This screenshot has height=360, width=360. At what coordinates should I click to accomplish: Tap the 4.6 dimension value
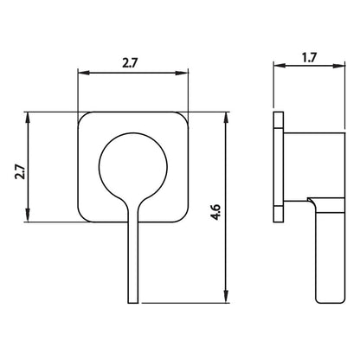pyautogui.click(x=215, y=209)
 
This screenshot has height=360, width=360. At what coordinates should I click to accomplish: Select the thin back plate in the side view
pyautogui.click(x=278, y=165)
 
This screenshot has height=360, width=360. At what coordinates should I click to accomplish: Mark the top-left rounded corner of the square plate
pyautogui.click(x=83, y=117)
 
